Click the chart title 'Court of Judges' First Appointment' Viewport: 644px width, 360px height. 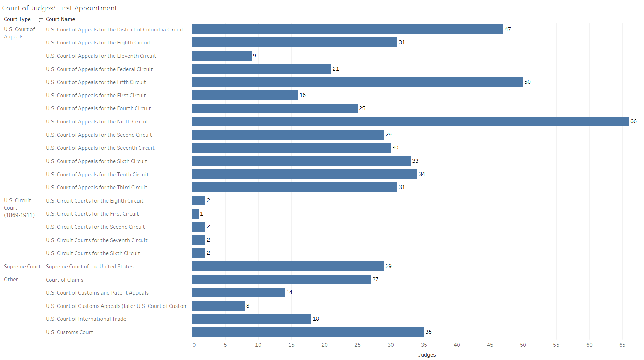[60, 8]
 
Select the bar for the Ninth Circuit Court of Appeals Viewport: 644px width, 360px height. [410, 121]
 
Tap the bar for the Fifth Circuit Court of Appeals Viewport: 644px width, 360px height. [358, 82]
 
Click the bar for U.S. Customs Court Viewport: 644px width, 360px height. [308, 332]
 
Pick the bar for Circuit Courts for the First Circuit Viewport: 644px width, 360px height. [196, 214]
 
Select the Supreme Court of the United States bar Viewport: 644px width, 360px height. [288, 266]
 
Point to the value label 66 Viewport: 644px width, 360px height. [633, 121]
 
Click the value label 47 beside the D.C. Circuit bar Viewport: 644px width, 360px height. [508, 29]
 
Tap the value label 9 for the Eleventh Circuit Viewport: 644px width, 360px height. [254, 56]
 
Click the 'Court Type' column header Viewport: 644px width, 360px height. [17, 19]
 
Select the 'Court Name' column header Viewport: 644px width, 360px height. [60, 19]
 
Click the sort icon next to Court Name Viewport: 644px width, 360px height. [41, 20]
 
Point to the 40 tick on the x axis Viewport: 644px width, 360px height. [457, 345]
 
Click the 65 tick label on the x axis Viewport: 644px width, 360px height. [622, 345]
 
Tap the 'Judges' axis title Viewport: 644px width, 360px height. [427, 355]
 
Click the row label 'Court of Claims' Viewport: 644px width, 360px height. [64, 280]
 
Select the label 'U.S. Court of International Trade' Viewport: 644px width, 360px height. [86, 319]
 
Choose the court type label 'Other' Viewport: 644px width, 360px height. [11, 280]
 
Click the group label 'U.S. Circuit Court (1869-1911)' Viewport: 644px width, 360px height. [19, 208]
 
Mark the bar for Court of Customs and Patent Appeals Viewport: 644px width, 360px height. [238, 292]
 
